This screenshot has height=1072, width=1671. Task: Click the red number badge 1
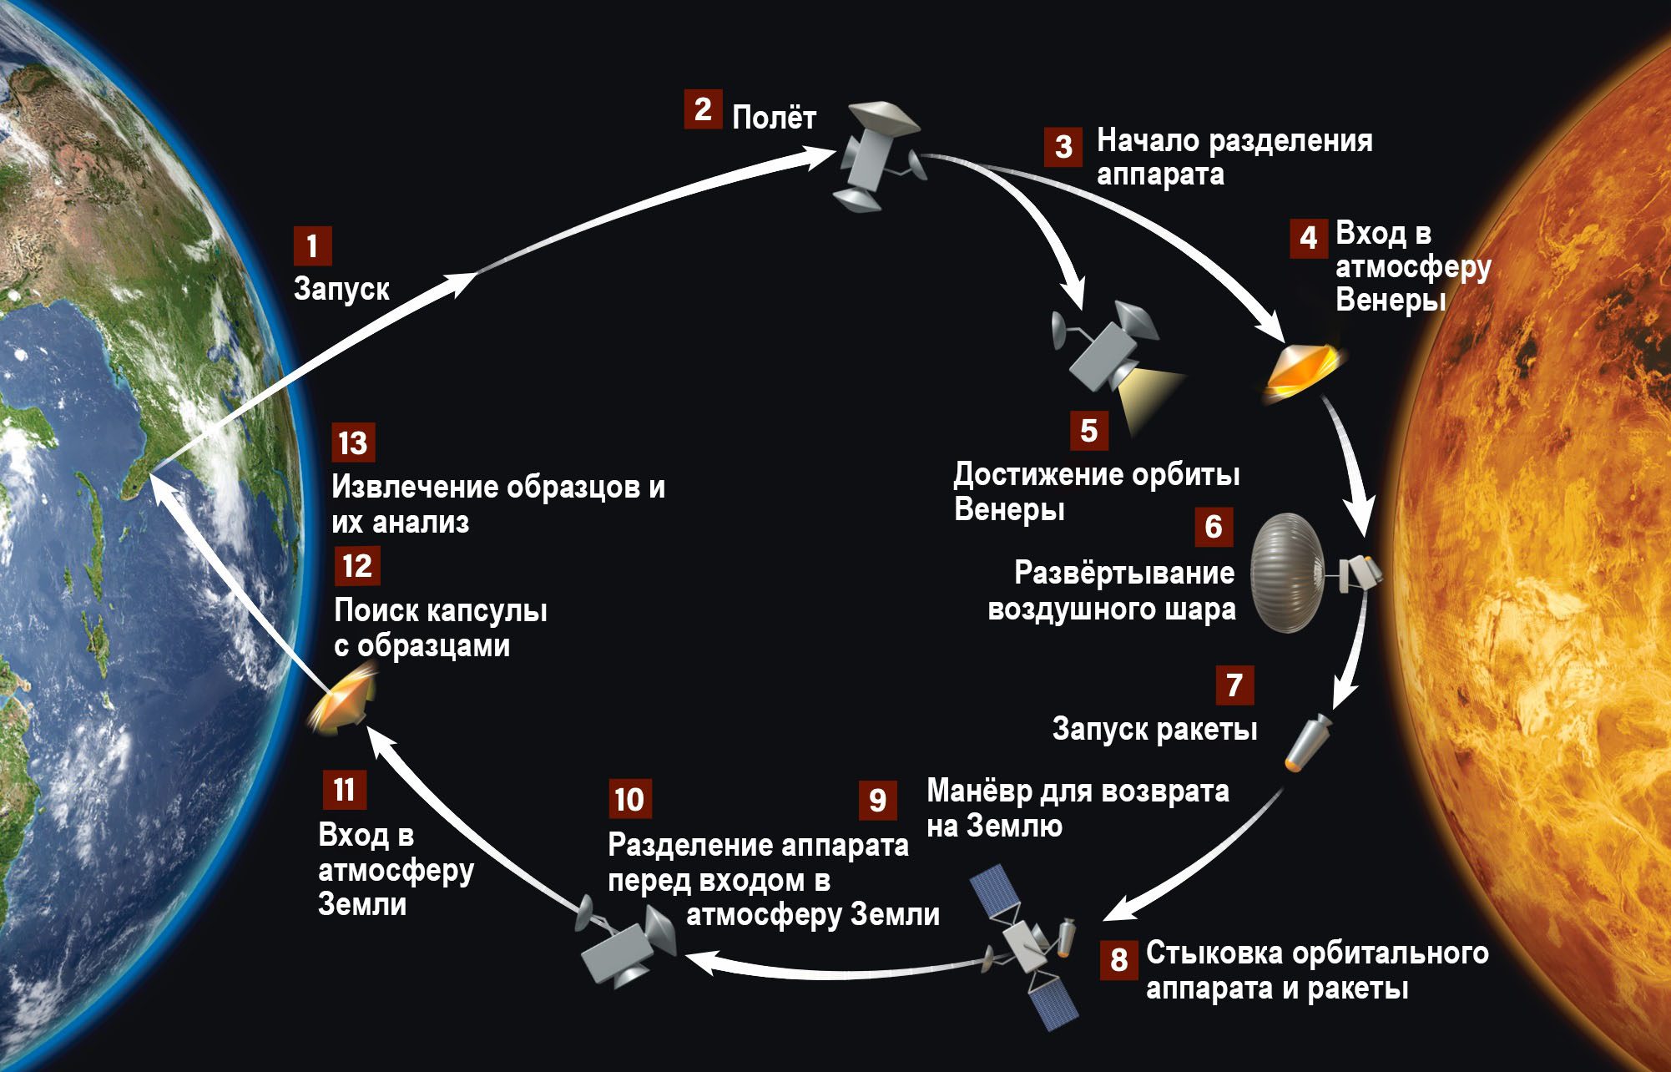pos(312,246)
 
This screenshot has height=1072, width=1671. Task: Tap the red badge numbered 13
pos(353,442)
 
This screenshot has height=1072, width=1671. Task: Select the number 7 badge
pos(1234,685)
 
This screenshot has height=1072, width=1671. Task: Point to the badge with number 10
pos(629,799)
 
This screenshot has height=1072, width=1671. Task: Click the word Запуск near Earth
pos(341,289)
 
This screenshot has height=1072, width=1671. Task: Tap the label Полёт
pos(774,118)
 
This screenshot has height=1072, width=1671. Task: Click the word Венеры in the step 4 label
pos(1390,299)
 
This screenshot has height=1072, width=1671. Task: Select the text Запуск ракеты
pos(1154,729)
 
